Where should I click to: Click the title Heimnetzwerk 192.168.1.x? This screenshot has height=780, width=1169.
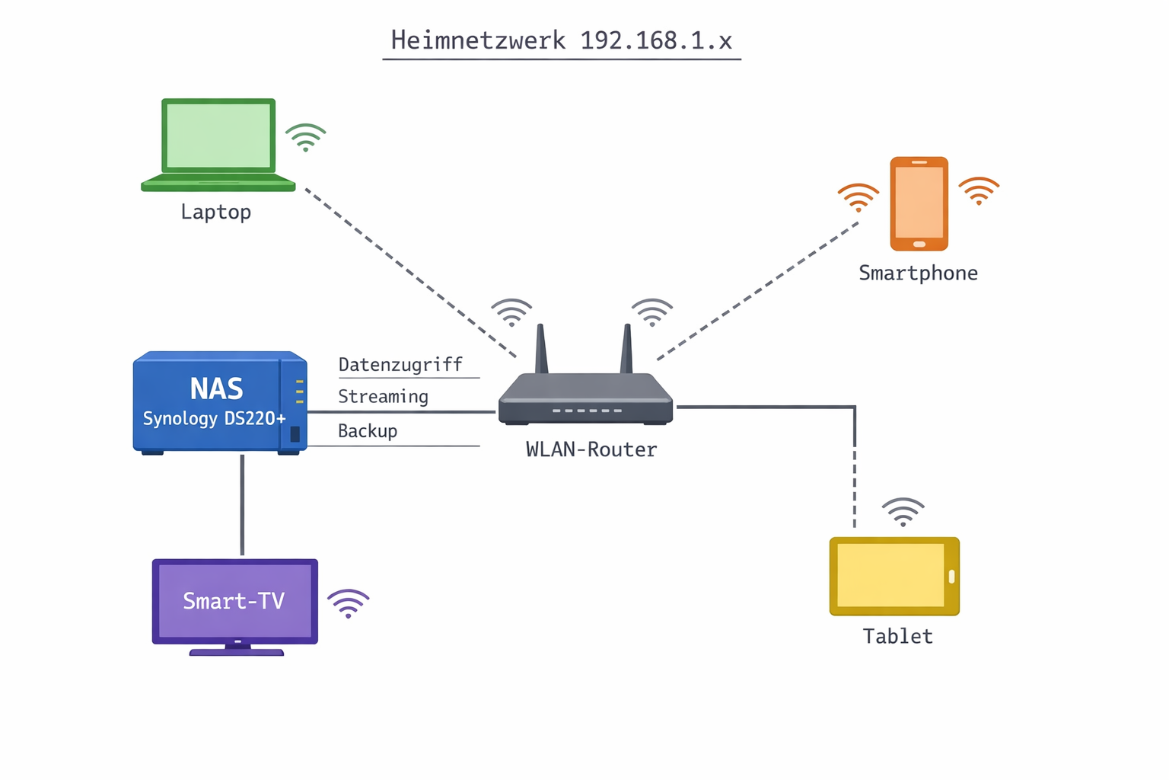[x=561, y=40]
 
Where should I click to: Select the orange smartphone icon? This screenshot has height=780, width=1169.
[x=919, y=203]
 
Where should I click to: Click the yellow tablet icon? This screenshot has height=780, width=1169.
[x=893, y=576]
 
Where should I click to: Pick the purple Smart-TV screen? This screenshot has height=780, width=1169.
[x=234, y=602]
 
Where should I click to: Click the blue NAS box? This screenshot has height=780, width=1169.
[x=219, y=401]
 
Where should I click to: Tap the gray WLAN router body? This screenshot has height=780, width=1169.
[x=585, y=400]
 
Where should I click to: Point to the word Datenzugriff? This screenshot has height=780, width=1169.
[x=400, y=365]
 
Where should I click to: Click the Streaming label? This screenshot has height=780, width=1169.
[x=383, y=397]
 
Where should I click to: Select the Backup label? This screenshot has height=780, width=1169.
[x=368, y=431]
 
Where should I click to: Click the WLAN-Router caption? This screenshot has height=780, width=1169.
[x=591, y=450]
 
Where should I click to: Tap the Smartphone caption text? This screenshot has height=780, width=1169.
[x=918, y=273]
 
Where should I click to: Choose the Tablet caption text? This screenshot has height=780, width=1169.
[x=897, y=637]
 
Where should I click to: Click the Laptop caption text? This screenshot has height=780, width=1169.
[x=215, y=212]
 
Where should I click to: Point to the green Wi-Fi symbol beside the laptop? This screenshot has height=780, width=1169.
[x=305, y=138]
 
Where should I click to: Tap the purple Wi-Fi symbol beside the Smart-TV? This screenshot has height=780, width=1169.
[x=348, y=604]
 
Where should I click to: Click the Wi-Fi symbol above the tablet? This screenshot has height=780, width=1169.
[x=903, y=513]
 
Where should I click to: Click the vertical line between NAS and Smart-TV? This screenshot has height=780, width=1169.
[x=242, y=504]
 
